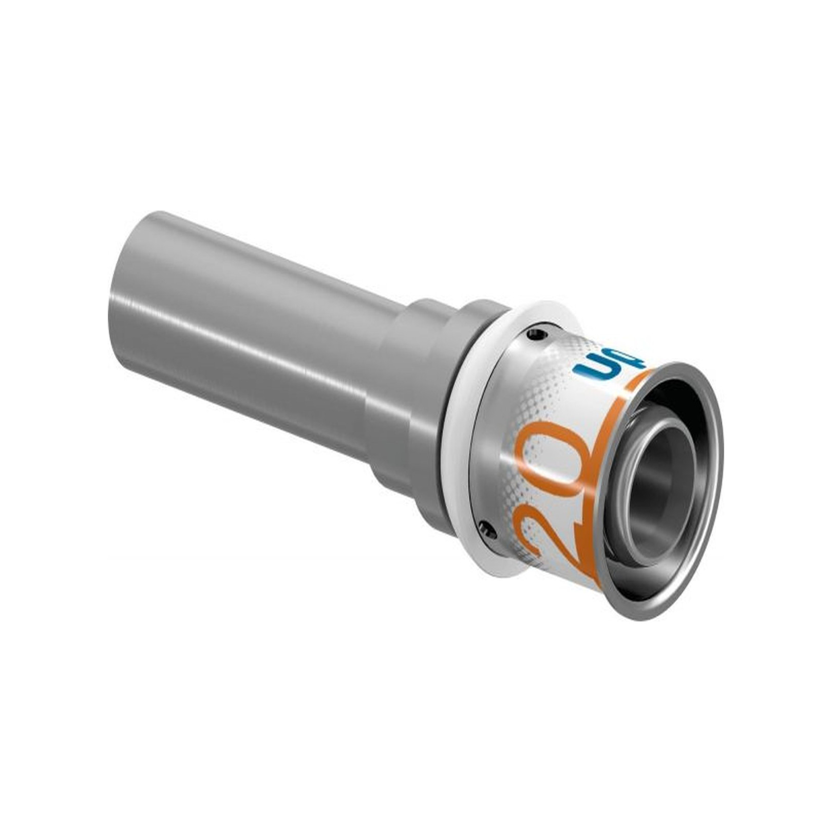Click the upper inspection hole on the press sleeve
pos(536,334)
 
